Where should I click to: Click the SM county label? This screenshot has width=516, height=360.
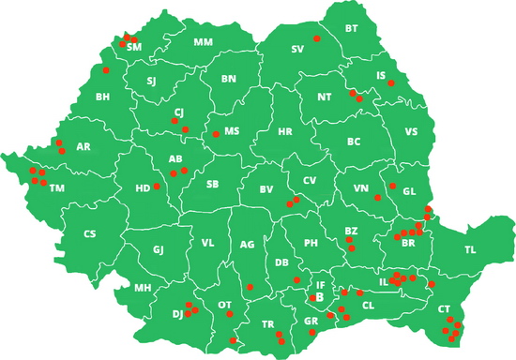point(134,47)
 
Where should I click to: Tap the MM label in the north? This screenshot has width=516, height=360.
point(204,42)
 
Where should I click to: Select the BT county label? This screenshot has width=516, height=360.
point(352,29)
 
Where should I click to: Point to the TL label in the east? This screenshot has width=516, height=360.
point(470,250)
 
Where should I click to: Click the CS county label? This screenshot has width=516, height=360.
point(90,234)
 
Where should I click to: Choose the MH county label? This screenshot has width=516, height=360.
point(143,288)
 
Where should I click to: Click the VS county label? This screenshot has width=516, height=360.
point(411,133)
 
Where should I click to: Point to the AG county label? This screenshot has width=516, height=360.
point(248,245)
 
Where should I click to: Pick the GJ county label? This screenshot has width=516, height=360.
point(159,249)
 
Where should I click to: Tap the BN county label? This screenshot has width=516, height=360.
point(228,79)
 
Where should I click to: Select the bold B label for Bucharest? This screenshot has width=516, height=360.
point(320,296)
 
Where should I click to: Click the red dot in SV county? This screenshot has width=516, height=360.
point(317,38)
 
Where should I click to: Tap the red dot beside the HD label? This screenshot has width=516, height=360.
point(157,187)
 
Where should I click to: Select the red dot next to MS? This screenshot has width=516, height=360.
point(216,134)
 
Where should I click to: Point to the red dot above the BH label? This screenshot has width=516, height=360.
point(106,70)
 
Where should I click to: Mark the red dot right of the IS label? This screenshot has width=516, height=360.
point(391,83)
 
